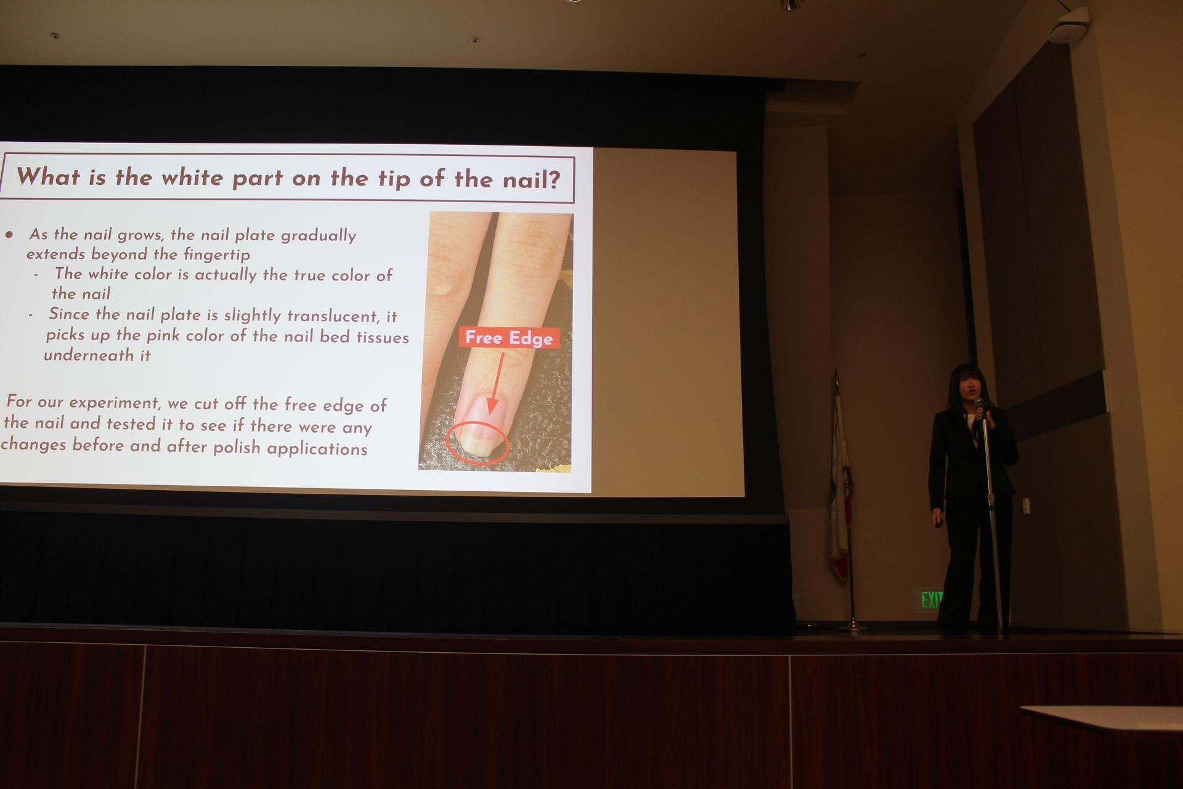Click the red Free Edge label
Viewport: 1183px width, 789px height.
click(x=509, y=338)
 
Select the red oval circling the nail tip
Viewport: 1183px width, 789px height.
click(x=477, y=443)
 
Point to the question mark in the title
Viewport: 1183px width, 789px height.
click(x=553, y=180)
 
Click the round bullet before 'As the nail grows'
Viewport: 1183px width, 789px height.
click(x=9, y=234)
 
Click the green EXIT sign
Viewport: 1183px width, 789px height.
click(x=931, y=599)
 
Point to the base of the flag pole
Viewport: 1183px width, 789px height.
click(x=853, y=628)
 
